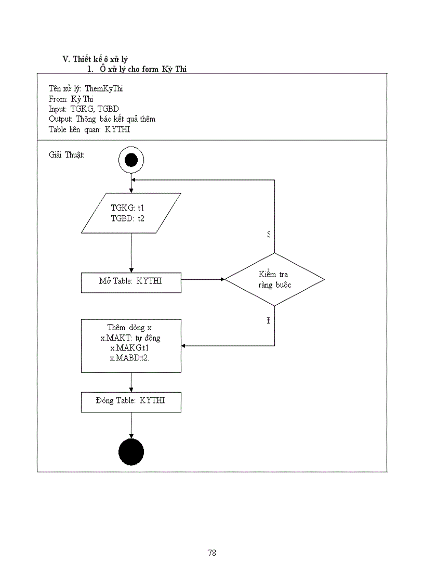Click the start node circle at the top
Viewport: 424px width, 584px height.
click(x=131, y=160)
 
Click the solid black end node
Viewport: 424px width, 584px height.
click(x=131, y=452)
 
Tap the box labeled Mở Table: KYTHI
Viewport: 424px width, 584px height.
click(x=131, y=282)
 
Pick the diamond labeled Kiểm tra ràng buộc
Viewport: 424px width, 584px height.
click(x=274, y=279)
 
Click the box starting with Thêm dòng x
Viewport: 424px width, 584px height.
click(x=131, y=345)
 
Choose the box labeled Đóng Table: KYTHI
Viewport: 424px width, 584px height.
click(x=131, y=401)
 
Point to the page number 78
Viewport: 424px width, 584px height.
click(x=211, y=553)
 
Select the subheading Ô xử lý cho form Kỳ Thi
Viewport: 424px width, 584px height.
click(x=143, y=69)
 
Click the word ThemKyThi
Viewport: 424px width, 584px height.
click(x=104, y=88)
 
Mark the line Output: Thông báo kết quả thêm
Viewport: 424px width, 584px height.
click(x=102, y=119)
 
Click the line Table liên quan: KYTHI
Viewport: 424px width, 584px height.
click(x=89, y=129)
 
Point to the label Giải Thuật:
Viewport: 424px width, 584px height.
click(x=67, y=155)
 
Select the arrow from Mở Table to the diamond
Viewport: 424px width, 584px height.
click(x=203, y=279)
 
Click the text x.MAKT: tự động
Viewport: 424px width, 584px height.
click(x=131, y=338)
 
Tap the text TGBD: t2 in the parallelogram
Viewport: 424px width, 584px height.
click(x=128, y=218)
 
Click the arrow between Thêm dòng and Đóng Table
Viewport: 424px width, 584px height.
click(x=131, y=382)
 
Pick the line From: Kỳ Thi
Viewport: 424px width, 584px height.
click(x=71, y=99)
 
